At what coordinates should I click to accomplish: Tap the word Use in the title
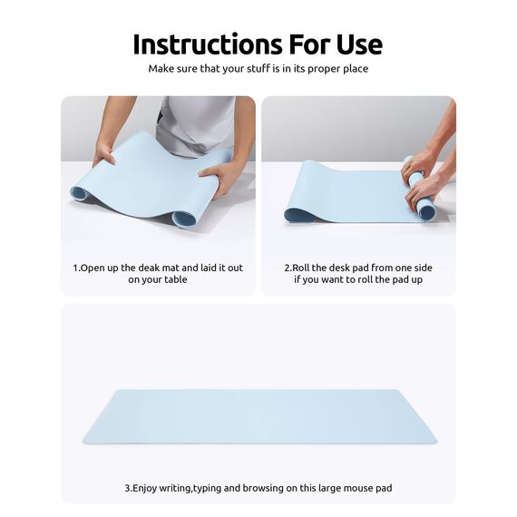356,44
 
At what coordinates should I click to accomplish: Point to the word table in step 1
175,280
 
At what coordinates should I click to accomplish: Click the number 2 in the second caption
287,268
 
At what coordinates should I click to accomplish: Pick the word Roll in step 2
304,268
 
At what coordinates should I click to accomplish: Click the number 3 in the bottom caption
127,489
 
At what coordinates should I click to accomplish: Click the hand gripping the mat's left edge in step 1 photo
104,154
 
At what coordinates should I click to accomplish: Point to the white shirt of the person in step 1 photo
195,118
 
